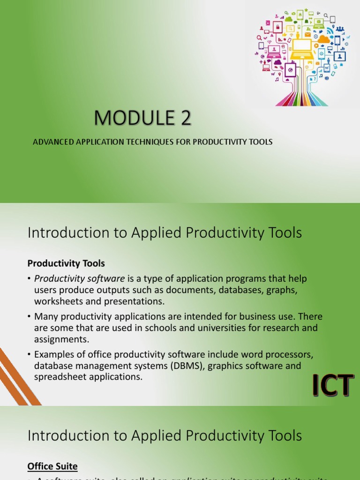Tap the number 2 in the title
pos(186,118)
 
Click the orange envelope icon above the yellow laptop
pos(307,34)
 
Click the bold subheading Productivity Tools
pos(66,263)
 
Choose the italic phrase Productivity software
pos(79,278)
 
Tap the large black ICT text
pos(332,386)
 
